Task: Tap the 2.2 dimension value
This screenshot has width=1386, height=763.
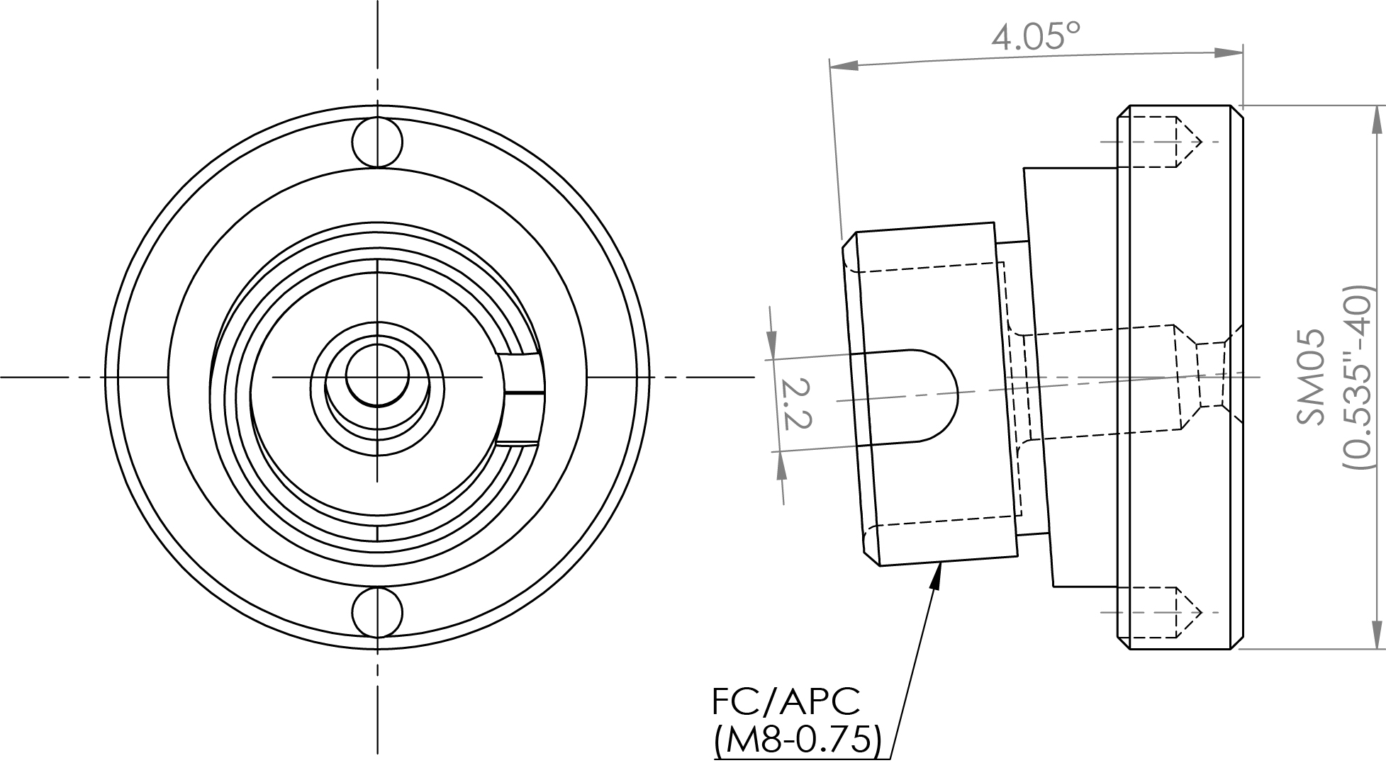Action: (795, 403)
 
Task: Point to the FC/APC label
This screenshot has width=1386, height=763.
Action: (786, 701)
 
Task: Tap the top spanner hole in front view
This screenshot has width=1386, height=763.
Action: (378, 142)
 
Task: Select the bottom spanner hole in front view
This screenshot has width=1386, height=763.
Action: (378, 611)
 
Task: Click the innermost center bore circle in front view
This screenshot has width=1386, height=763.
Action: (378, 375)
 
